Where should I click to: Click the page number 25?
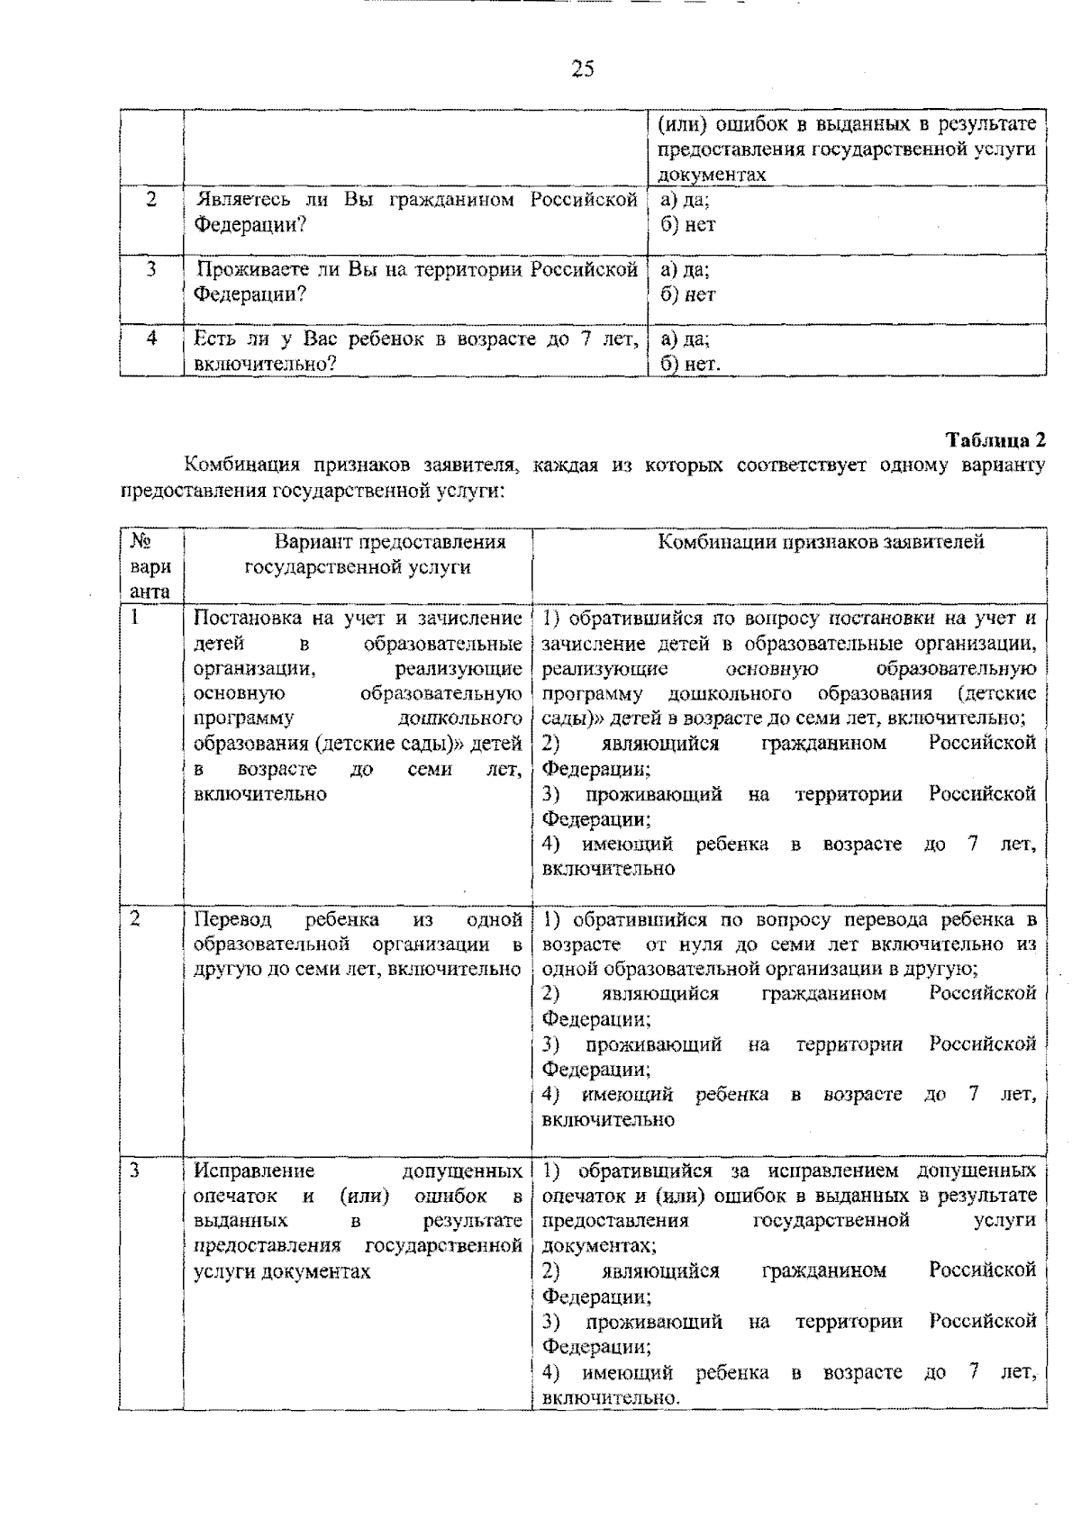[x=582, y=69]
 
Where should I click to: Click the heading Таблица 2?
[x=995, y=440]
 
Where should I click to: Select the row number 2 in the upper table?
[x=151, y=200]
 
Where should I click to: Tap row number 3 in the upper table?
[x=151, y=269]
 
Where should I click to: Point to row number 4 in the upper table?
[x=151, y=339]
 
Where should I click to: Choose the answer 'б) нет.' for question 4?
[x=690, y=364]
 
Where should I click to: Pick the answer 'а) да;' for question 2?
[x=685, y=200]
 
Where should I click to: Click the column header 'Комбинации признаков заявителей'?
[x=821, y=541]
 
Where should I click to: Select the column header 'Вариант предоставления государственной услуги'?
[x=358, y=554]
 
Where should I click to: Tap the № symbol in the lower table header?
[x=140, y=541]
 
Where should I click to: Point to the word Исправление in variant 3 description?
[x=255, y=1170]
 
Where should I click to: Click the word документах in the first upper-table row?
[x=712, y=175]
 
